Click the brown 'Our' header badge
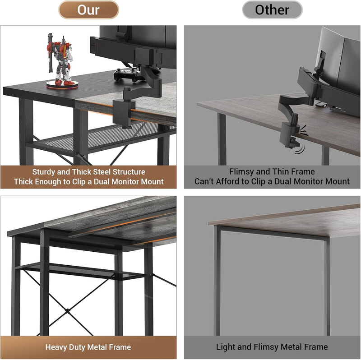coord(88,9)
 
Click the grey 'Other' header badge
coord(272,9)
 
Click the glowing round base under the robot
coord(62,84)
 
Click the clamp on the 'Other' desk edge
coord(289,134)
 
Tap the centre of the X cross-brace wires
coord(68,311)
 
